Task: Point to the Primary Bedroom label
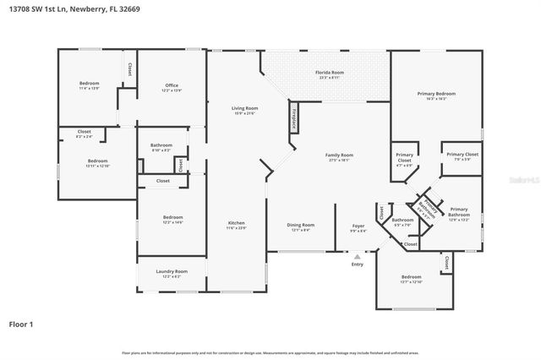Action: coord(436,95)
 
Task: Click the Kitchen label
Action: coord(237,226)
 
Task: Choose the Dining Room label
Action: coord(302,226)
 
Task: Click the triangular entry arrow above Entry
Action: coord(358,256)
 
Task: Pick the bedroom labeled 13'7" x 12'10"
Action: coord(411,280)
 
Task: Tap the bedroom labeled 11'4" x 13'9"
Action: coord(90,85)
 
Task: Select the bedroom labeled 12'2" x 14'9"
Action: coord(172,220)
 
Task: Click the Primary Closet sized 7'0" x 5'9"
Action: coord(462,156)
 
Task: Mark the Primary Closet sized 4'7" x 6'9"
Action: coord(405,157)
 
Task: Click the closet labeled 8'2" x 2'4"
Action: coord(85,134)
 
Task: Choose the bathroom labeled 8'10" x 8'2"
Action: coord(161,147)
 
